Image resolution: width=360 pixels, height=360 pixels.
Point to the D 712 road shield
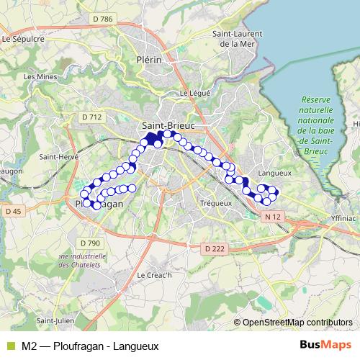pos(91,117)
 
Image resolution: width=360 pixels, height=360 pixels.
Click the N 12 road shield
pos(271,217)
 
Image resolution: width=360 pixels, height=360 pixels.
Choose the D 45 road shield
pos(13,211)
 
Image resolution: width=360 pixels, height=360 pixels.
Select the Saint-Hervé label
pos(54,158)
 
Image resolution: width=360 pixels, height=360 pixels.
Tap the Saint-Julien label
pos(53,320)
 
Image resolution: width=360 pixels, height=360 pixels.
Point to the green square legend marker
pos(9,346)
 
